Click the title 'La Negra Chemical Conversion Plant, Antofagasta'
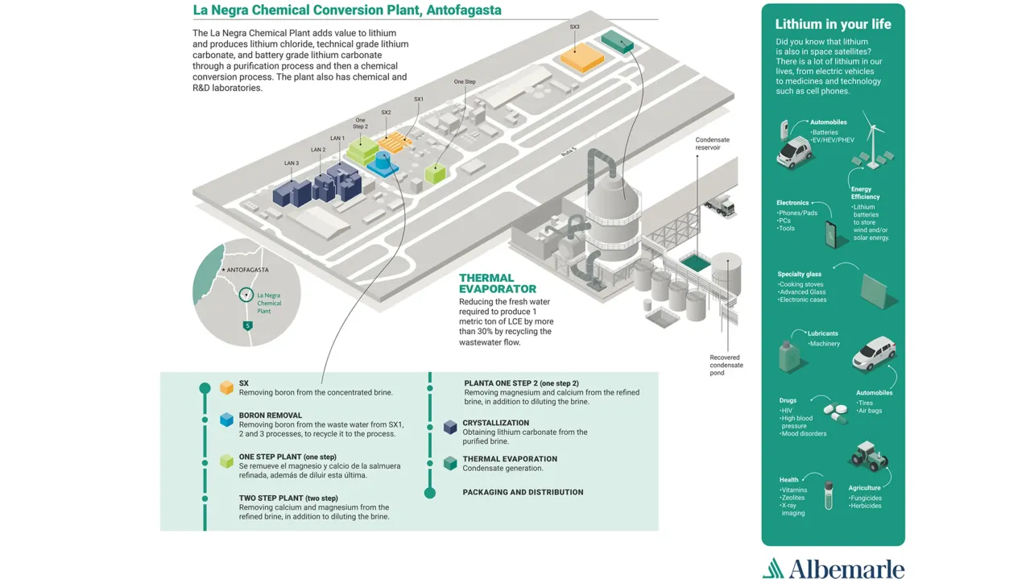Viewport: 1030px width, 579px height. [347, 10]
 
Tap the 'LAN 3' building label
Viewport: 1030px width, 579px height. [292, 163]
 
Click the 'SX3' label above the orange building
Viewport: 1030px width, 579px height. [574, 27]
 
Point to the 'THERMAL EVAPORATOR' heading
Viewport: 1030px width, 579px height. [497, 283]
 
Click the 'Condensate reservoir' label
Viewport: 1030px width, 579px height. [712, 143]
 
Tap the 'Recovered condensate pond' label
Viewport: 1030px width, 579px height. [726, 365]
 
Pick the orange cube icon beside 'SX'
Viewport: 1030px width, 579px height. [226, 387]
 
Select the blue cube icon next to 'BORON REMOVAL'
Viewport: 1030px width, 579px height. [226, 420]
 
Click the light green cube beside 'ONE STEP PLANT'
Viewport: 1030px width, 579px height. [226, 461]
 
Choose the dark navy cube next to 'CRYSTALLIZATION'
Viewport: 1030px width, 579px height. [450, 427]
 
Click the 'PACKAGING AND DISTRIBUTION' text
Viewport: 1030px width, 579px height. [523, 492]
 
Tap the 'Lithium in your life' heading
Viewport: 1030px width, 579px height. [833, 24]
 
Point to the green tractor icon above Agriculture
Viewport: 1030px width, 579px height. [868, 457]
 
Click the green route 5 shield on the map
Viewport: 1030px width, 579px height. [248, 325]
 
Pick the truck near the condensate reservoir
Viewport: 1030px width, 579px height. [718, 207]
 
